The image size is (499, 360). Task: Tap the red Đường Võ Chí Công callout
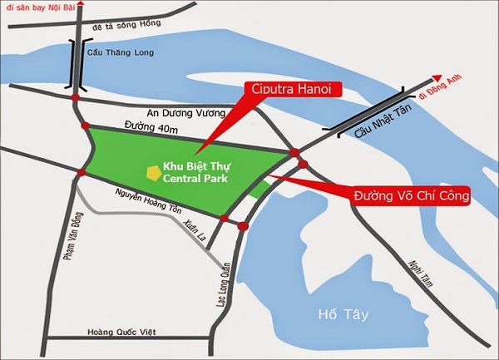412,196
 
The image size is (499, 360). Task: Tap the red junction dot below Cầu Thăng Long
76,100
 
